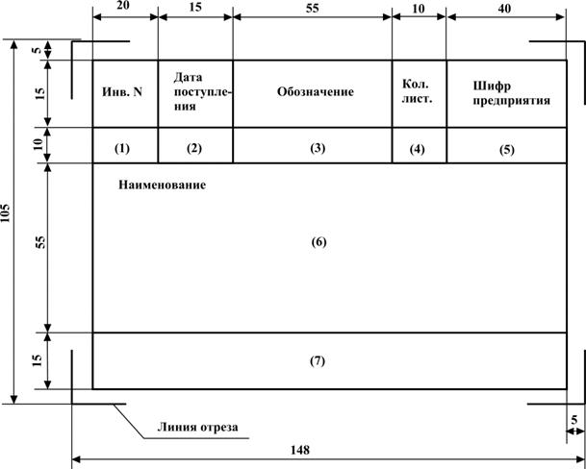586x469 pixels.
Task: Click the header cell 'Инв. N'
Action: click(x=122, y=92)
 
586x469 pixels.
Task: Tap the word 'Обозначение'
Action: click(x=316, y=92)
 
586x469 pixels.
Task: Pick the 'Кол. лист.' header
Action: click(x=417, y=91)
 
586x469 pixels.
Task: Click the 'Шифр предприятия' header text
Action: click(x=511, y=93)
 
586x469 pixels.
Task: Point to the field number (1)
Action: click(x=122, y=149)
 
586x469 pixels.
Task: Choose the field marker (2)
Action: click(x=194, y=149)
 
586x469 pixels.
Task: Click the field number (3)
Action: click(x=318, y=148)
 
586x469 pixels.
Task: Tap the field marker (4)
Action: click(x=417, y=149)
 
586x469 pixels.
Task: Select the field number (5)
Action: click(x=507, y=150)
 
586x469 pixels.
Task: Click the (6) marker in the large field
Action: click(x=318, y=242)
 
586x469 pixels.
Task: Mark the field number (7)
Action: click(x=318, y=361)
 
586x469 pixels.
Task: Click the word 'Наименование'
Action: click(x=163, y=185)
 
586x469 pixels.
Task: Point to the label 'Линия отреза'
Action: click(x=197, y=427)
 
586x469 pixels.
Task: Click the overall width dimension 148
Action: click(x=300, y=450)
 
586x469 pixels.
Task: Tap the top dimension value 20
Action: click(x=123, y=6)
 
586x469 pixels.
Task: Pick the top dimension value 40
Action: click(x=504, y=8)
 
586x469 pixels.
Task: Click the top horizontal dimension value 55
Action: click(x=313, y=8)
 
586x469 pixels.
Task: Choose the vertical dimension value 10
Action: click(x=38, y=144)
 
